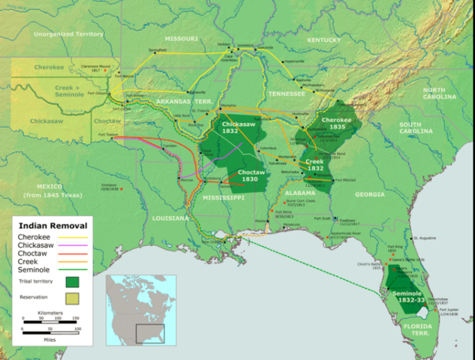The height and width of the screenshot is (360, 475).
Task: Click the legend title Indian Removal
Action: (53, 225)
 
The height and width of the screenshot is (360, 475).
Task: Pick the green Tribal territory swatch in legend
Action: (73, 283)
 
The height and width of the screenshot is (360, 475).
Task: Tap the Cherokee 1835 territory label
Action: (335, 122)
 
